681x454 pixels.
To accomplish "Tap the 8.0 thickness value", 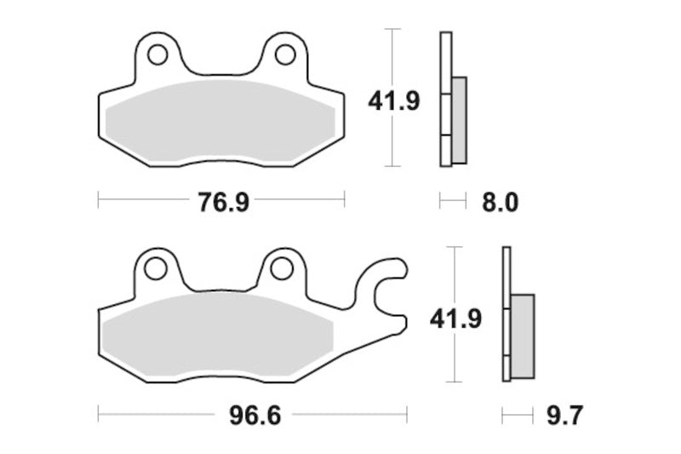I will (501, 202).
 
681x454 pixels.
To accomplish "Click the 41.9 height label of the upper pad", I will (393, 101).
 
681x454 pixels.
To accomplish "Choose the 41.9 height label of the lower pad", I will (456, 319).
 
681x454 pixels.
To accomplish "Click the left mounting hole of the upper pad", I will (156, 55).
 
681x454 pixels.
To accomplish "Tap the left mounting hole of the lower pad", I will (155, 268).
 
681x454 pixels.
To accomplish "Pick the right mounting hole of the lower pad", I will (281, 268).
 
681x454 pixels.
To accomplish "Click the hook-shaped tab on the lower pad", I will (385, 286).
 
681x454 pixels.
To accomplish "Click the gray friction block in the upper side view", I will (458, 119).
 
